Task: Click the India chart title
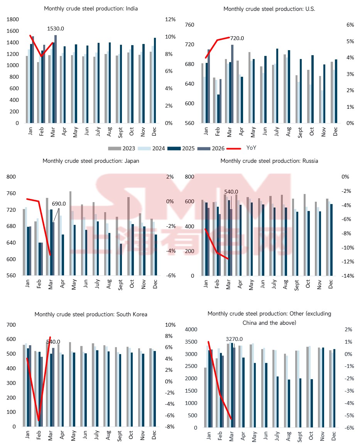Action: click(91, 8)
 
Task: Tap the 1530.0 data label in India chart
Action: click(55, 29)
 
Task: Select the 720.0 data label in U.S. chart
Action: click(237, 38)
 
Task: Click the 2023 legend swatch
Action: click(114, 148)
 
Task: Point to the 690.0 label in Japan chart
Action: click(59, 204)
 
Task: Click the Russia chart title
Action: click(269, 161)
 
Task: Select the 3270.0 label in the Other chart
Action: click(234, 339)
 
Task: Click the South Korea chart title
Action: click(91, 314)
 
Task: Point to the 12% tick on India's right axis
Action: click(170, 19)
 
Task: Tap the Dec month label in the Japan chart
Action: click(152, 284)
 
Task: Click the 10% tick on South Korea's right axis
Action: click(171, 325)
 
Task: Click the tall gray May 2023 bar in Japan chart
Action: click(70, 233)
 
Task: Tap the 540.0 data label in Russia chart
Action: click(231, 191)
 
